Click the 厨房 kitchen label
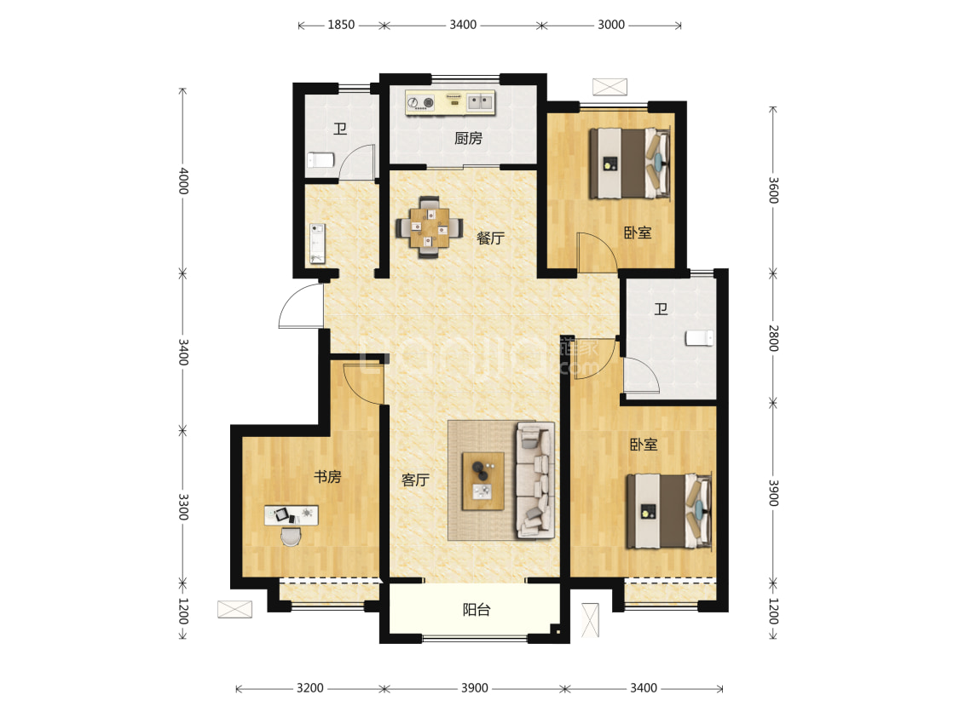coord(468,138)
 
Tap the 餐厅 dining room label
coord(490,238)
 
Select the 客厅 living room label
coord(415,480)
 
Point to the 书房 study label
coord(327,477)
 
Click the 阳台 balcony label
coord(477,610)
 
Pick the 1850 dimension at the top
coord(341,25)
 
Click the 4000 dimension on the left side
coord(183,181)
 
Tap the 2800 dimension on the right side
coord(773,338)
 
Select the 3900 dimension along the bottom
coord(475,688)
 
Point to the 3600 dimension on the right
coord(773,190)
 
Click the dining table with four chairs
coord(430,227)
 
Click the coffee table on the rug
coord(483,481)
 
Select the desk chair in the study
coord(292,536)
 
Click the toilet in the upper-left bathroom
coord(321,160)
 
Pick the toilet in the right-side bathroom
coord(700,338)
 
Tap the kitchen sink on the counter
coord(480,102)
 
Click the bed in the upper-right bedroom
coord(630,164)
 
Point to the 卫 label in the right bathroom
coord(661,309)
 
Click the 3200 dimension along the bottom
coord(310,688)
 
